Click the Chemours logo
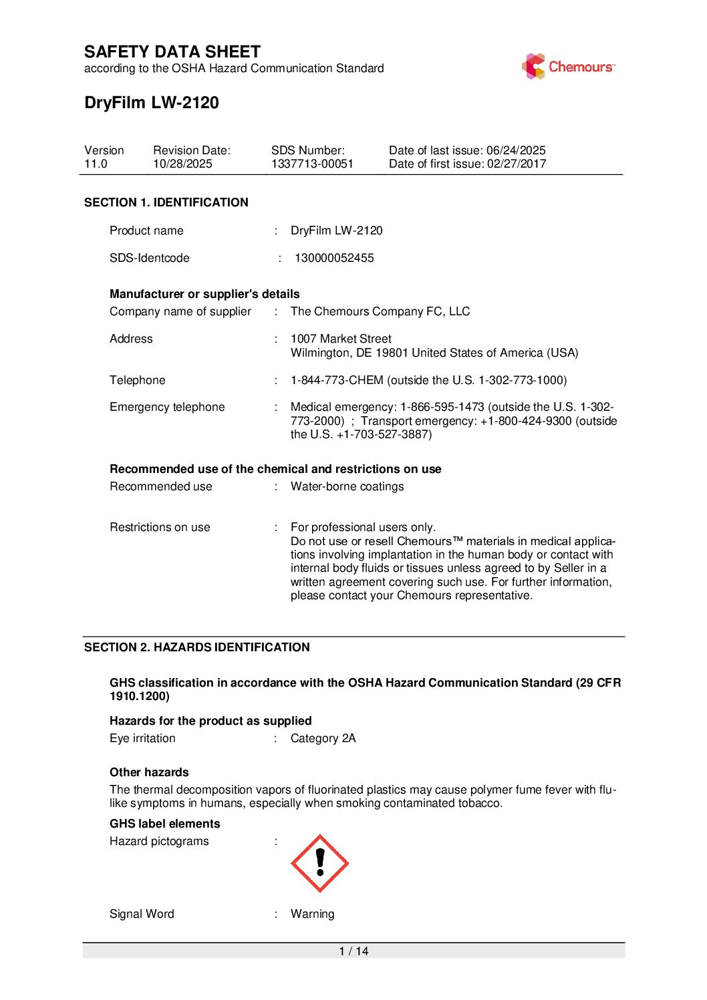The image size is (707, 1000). point(568,67)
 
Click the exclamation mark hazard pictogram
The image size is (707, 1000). point(319,863)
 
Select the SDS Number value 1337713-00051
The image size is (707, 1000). point(312,164)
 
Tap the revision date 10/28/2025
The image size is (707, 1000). point(182,164)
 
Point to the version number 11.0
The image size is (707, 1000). point(96,164)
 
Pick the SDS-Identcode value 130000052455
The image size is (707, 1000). point(334,258)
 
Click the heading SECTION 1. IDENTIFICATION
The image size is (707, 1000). point(166,202)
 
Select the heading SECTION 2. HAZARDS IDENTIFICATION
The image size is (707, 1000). point(196,647)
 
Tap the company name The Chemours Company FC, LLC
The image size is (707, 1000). point(380,311)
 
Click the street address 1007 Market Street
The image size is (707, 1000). point(341,339)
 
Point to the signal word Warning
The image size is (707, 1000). point(312,914)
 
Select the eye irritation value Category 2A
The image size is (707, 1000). point(323,738)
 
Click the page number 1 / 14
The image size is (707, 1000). point(353,951)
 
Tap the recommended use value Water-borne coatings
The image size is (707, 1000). point(347,486)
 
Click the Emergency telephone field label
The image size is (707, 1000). point(167,407)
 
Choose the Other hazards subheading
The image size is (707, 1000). point(149,772)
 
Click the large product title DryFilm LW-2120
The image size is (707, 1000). point(152,103)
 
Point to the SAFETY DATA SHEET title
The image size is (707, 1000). point(172,52)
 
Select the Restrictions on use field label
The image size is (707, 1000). point(160,527)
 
